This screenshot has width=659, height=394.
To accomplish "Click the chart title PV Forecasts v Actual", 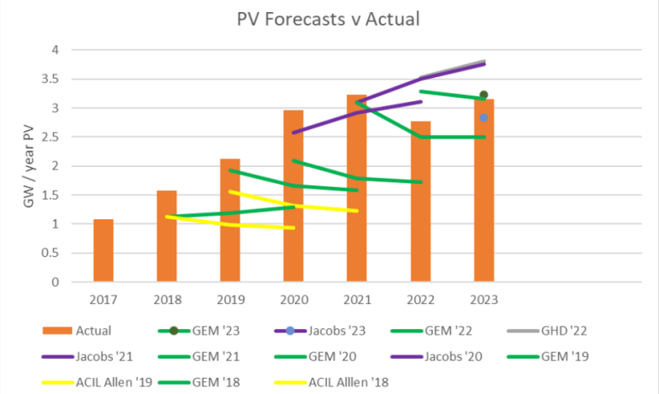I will coord(328,18).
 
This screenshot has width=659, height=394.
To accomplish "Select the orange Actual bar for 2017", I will coord(104,250).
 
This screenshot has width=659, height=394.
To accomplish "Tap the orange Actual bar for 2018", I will coord(167,236).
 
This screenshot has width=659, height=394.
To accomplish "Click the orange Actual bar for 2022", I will coord(420,201).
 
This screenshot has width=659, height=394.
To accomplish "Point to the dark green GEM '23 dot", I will coord(484,95).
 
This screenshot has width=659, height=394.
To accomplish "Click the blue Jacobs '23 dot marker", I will coord(484,117).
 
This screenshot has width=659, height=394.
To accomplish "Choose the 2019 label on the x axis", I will coord(230,300).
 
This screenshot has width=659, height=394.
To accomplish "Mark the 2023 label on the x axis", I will coord(484,300).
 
